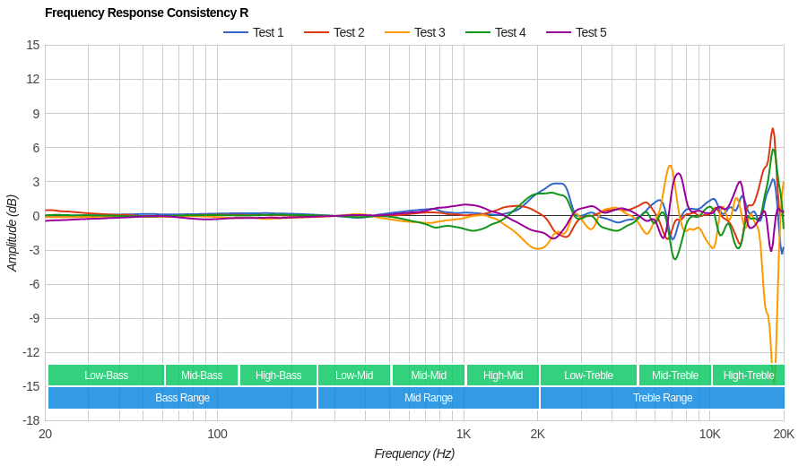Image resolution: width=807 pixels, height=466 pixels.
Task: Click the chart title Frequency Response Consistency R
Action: pyautogui.click(x=146, y=13)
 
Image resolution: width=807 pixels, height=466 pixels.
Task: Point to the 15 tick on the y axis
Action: pyautogui.click(x=32, y=45)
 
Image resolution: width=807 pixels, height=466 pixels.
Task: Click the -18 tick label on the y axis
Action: pyautogui.click(x=30, y=420)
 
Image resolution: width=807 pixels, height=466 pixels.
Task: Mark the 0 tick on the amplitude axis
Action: pyautogui.click(x=36, y=216)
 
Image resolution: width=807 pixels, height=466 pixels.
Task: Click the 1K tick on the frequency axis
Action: pyautogui.click(x=463, y=435)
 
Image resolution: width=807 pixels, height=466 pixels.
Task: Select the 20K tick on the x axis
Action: pyautogui.click(x=784, y=435)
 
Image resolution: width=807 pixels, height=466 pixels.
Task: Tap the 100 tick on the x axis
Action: pyautogui.click(x=217, y=435)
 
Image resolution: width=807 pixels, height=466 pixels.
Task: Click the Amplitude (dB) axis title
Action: pyautogui.click(x=13, y=233)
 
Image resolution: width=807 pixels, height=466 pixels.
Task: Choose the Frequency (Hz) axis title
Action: pyautogui.click(x=414, y=453)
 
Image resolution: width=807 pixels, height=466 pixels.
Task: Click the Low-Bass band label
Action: pyautogui.click(x=106, y=375)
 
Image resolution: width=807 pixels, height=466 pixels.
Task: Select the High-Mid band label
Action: pyautogui.click(x=503, y=375)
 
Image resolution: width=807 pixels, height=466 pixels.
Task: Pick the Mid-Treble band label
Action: pyautogui.click(x=674, y=375)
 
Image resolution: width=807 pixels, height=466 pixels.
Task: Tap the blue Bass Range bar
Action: pyautogui.click(x=182, y=398)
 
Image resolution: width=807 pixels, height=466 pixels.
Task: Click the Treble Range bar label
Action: pyautogui.click(x=663, y=398)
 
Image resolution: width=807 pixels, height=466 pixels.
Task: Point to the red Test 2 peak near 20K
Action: pyautogui.click(x=772, y=129)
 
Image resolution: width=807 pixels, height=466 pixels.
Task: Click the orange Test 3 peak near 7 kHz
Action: pyautogui.click(x=670, y=166)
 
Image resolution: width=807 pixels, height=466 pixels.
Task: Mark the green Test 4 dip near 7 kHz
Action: pyautogui.click(x=675, y=259)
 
